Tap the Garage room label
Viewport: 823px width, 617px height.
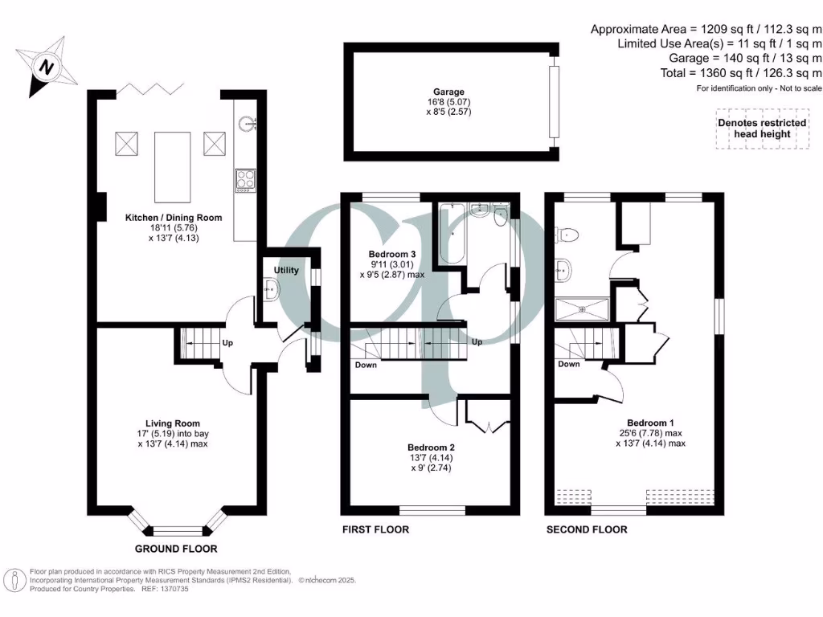(448, 92)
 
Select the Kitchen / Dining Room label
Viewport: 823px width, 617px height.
(173, 218)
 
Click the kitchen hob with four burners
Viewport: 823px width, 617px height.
(245, 180)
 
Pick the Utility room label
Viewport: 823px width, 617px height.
(286, 270)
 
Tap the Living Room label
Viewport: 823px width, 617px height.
(173, 423)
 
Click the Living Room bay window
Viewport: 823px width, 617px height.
(177, 529)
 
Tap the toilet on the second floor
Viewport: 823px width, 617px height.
(569, 234)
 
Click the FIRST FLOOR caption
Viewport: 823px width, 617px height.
(375, 529)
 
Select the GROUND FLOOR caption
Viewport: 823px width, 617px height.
(176, 550)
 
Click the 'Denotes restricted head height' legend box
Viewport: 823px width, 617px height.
(762, 129)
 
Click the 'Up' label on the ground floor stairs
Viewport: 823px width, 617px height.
(227, 342)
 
